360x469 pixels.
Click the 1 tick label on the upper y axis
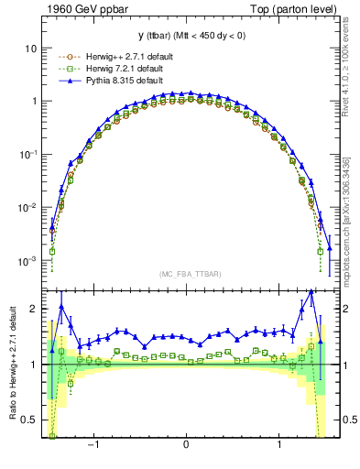[33, 102]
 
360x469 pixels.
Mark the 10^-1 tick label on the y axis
[27, 155]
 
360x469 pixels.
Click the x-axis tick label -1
[93, 445]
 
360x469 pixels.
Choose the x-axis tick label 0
[187, 445]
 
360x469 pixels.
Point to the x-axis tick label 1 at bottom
[280, 445]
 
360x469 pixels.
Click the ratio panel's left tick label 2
[34, 310]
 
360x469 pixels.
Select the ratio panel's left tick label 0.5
[29, 420]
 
